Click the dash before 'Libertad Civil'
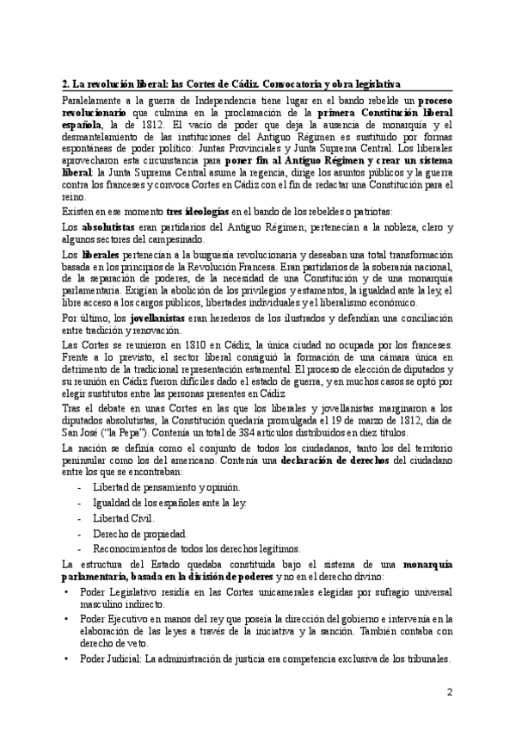(x=79, y=518)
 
